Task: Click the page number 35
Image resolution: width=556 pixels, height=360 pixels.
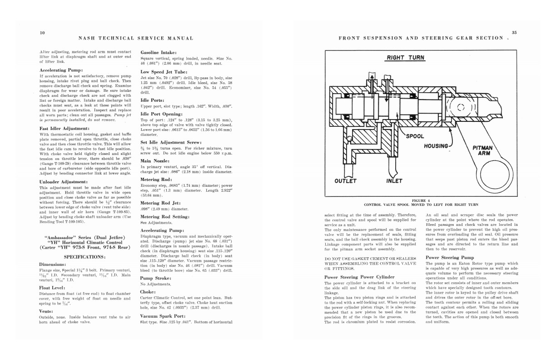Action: coord(514,32)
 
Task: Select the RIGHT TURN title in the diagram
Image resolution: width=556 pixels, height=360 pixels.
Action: coord(406,58)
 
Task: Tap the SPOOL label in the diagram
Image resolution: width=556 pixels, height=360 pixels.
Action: coord(415,136)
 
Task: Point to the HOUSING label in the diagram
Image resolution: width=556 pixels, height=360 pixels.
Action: coord(436,146)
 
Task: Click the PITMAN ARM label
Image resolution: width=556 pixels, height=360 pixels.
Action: coord(483,150)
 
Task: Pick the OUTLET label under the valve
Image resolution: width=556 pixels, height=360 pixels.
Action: coord(345,181)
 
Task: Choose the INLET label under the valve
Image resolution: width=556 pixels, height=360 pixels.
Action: coord(394,181)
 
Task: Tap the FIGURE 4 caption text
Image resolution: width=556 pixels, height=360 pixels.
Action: coord(421,200)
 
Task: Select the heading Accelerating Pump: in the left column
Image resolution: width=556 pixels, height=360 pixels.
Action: coord(61,70)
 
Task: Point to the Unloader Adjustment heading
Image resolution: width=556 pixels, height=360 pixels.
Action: coord(64,182)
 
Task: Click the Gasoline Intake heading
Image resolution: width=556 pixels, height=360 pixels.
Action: coord(162,53)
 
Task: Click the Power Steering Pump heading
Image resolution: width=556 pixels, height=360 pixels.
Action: coord(449,257)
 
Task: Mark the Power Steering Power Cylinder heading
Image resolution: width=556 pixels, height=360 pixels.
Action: coord(359,277)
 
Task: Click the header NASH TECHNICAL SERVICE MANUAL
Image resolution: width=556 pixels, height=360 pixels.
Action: coord(136,38)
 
